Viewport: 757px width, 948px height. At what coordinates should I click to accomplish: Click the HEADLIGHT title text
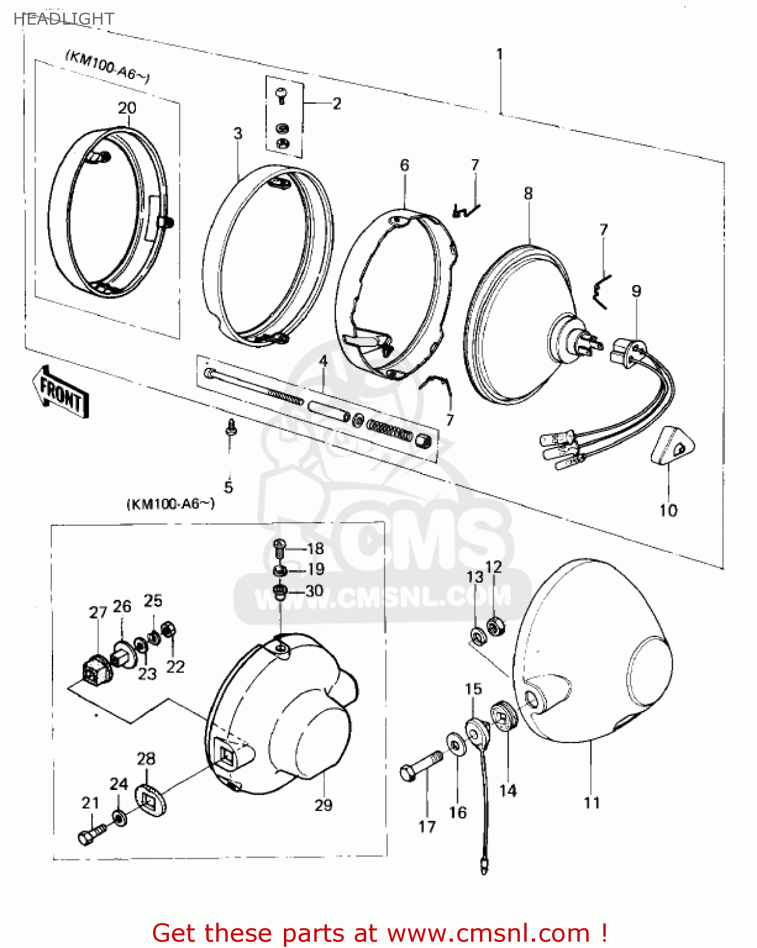click(63, 19)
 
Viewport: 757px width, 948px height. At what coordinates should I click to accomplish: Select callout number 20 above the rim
click(127, 108)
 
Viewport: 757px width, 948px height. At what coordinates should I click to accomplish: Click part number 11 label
click(591, 803)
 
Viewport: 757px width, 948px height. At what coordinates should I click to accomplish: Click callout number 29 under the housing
click(323, 805)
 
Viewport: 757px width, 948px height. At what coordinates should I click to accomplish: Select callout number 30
click(314, 590)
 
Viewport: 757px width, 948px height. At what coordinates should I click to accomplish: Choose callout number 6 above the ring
click(404, 165)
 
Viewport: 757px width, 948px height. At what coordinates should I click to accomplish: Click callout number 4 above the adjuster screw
click(323, 361)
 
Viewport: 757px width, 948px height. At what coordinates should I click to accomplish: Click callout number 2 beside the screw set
click(336, 103)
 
